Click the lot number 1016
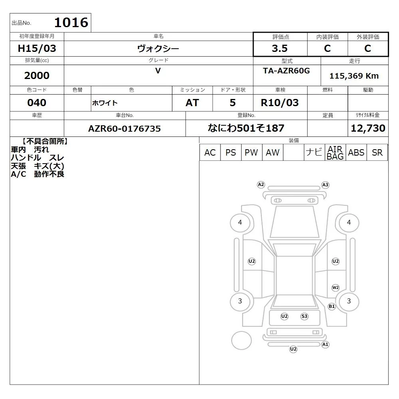[x=71, y=22]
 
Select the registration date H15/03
[x=37, y=48]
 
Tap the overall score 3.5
[x=280, y=48]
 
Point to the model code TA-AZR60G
[x=286, y=71]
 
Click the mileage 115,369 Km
[x=354, y=76]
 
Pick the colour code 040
[x=37, y=103]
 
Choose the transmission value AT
[x=192, y=103]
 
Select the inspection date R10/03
[x=280, y=103]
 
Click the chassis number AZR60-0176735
[x=124, y=128]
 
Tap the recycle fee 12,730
[x=368, y=128]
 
